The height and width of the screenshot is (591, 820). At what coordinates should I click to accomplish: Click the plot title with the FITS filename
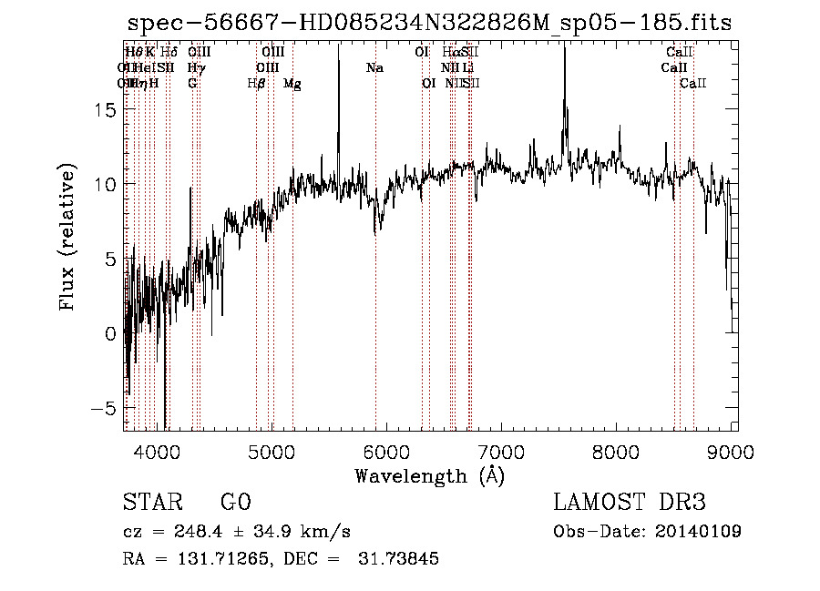click(429, 23)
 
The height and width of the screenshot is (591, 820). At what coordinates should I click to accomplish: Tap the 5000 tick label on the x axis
click(272, 452)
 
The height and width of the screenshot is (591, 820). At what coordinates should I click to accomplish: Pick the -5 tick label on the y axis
click(106, 409)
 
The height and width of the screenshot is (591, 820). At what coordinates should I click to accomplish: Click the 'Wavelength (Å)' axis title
click(429, 475)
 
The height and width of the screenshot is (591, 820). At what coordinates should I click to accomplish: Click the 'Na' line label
click(374, 68)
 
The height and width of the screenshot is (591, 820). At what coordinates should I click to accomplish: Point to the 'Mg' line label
click(292, 84)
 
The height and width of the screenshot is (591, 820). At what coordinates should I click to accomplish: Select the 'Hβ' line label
click(256, 84)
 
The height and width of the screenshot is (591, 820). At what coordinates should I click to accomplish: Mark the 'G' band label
click(192, 84)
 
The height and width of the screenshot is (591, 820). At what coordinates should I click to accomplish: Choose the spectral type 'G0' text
click(235, 503)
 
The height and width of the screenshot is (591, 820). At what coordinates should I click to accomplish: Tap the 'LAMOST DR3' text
click(630, 503)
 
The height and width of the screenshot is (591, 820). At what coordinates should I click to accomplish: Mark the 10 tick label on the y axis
click(106, 184)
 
